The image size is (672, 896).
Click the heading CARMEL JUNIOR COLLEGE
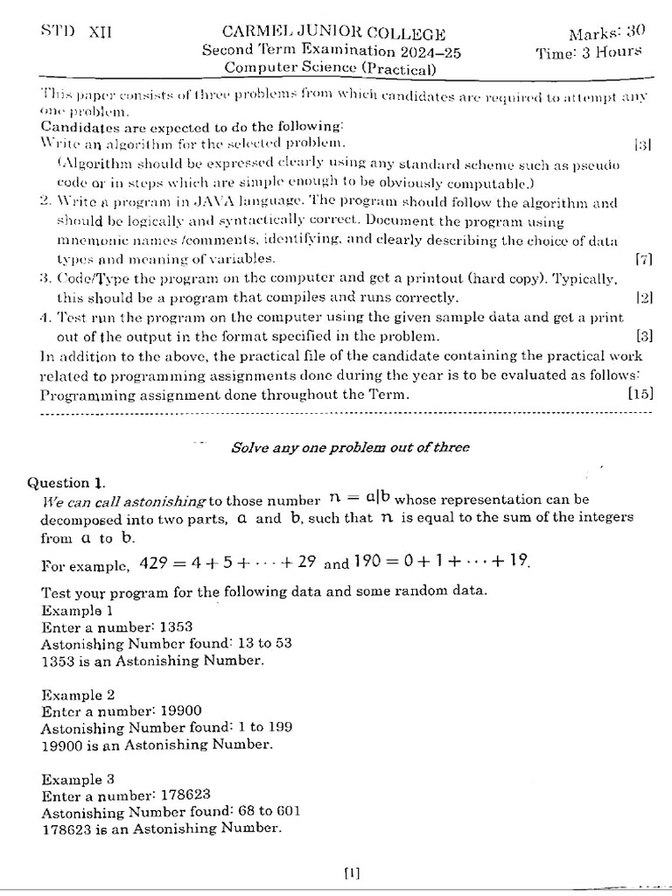coord(334,34)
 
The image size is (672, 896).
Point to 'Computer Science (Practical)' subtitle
coord(331,67)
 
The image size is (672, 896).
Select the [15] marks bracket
coord(640,394)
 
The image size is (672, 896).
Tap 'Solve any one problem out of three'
coord(350,447)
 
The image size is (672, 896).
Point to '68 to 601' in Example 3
coord(267,811)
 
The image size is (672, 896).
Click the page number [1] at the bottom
coord(352,871)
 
